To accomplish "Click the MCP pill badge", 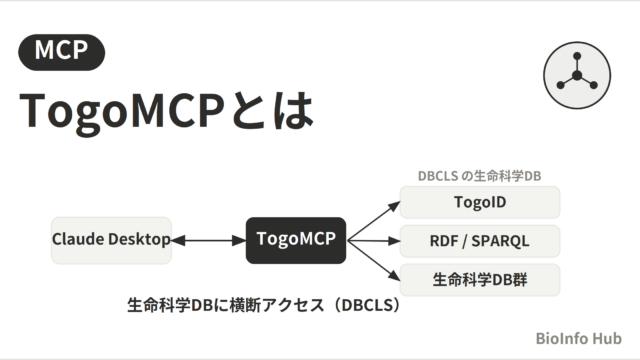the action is point(62,52).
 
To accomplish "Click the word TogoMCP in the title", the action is point(122,111).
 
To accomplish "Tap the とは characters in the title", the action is point(272,110).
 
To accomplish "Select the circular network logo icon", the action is point(577,75).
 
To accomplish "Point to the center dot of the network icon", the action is point(577,75).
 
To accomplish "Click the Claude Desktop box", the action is point(111,240).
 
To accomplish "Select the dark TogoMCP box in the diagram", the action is point(296,240).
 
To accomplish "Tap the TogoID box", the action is point(480,202).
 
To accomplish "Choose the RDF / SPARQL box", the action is point(480,241).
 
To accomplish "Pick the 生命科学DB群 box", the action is point(480,280).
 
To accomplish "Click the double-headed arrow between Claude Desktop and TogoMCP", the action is point(209,240).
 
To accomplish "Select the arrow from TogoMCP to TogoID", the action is point(373,221).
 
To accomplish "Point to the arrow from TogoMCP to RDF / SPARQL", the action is point(373,241).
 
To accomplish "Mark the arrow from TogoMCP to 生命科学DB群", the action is point(373,261).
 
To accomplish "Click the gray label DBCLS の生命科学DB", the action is point(480,176).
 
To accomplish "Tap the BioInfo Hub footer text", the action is point(579,338).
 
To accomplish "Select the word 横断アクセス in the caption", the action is point(277,305).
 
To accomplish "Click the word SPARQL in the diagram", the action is point(500,241).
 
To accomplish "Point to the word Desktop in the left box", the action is point(139,239).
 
